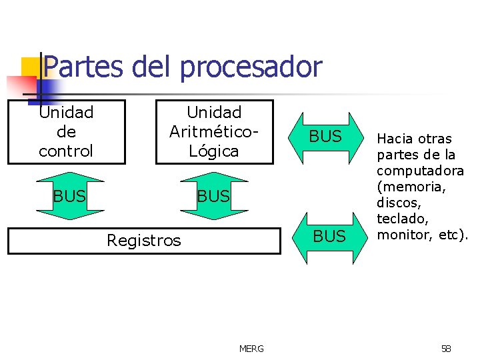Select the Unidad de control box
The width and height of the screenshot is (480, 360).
click(66, 131)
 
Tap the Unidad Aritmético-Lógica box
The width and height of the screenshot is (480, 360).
click(214, 131)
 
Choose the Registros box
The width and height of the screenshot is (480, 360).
click(144, 241)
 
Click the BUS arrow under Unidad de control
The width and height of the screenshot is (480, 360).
click(70, 196)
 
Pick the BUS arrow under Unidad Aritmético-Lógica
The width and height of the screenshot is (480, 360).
click(213, 196)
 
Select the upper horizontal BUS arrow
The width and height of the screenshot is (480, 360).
click(326, 137)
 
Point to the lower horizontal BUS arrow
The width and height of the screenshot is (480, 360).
click(329, 236)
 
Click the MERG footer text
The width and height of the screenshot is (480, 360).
click(251, 349)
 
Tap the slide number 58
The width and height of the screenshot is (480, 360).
click(446, 349)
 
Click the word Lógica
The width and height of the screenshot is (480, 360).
click(214, 151)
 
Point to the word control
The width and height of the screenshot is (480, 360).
click(66, 151)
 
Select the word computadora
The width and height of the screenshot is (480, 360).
click(420, 171)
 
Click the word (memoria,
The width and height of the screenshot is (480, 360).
click(411, 187)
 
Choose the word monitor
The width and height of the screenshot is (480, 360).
click(402, 235)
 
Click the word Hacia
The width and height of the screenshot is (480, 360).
click(395, 139)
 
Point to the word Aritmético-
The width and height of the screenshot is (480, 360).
click(213, 131)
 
